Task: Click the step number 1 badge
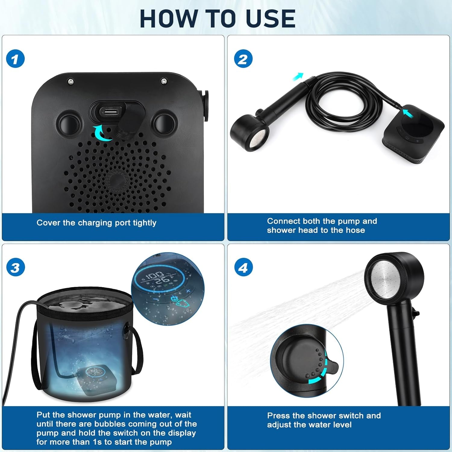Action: point(15,59)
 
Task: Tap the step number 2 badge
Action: point(243,59)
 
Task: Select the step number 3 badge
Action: point(15,268)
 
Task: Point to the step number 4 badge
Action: point(243,268)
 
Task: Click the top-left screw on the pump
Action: point(70,81)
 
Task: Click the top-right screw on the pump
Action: point(164,81)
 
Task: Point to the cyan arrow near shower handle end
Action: point(298,76)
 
